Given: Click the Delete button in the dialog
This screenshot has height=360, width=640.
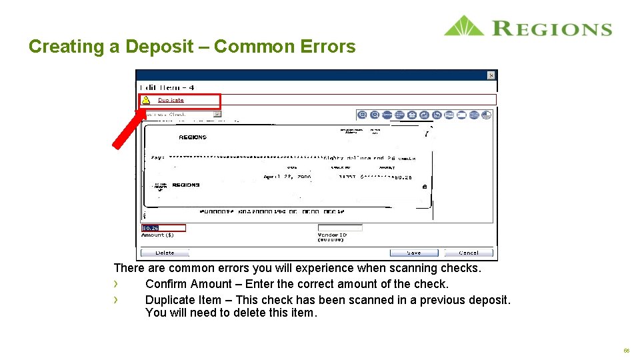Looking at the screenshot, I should [165, 253].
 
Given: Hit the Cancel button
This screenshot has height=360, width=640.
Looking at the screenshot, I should [469, 253].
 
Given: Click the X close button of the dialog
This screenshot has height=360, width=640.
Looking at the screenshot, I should [491, 75].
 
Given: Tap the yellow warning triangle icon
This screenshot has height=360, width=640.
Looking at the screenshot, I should [146, 100].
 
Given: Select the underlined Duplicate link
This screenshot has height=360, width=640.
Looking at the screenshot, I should [171, 100].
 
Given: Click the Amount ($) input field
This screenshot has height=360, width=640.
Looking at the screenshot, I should [163, 228].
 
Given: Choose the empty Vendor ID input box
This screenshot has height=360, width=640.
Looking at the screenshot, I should [340, 228].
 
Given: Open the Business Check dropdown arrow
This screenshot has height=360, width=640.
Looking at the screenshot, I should [217, 114].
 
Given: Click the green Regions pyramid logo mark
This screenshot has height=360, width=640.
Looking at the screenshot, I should [464, 26].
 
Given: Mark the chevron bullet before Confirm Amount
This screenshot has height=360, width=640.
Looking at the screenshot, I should [116, 284].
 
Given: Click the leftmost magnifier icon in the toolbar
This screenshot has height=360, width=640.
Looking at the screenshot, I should [362, 115].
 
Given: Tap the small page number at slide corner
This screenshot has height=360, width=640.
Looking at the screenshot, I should [626, 350].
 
